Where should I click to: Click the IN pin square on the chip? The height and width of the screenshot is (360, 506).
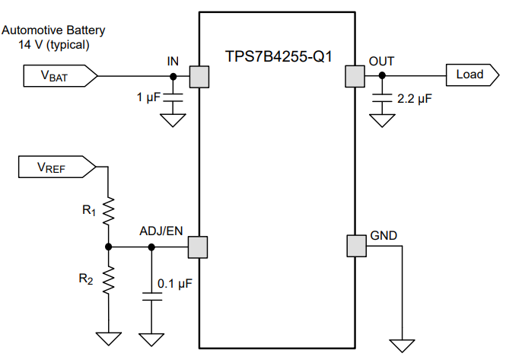click(199, 76)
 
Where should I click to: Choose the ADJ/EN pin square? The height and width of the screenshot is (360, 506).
click(199, 247)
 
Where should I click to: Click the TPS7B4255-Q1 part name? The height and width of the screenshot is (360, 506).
click(278, 57)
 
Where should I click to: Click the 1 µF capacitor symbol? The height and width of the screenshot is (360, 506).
click(173, 97)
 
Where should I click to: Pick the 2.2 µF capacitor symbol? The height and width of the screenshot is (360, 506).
click(381, 97)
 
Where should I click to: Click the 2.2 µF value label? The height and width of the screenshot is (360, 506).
click(415, 99)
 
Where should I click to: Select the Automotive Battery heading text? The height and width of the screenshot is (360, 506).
click(53, 30)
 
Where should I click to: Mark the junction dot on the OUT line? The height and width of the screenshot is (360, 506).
click(381, 76)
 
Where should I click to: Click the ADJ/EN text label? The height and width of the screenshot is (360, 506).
click(161, 231)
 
